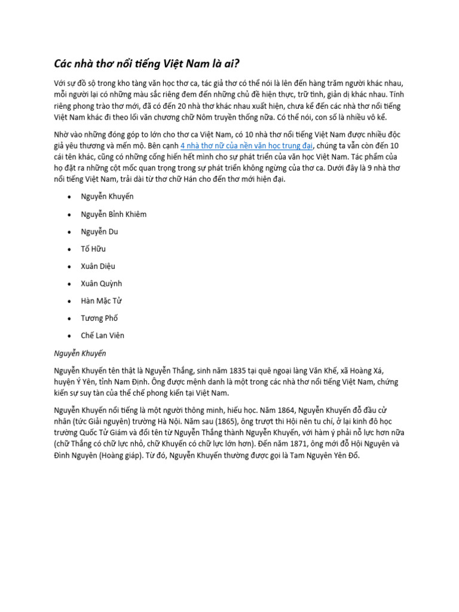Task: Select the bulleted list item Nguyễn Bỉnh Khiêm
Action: pos(114,214)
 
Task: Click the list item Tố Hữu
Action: pos(93,249)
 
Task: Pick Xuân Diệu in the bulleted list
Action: pos(99,266)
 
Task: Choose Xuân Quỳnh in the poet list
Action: pos(102,283)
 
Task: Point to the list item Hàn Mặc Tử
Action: pos(102,301)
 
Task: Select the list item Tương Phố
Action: pos(100,318)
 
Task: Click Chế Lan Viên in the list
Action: pos(103,335)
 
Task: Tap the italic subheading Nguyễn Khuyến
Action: pos(80,353)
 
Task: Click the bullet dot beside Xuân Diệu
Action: pos(70,267)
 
